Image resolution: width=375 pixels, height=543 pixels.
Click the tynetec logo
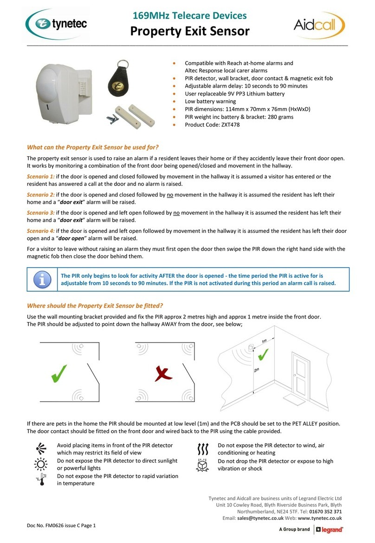pyautogui.click(x=57, y=25)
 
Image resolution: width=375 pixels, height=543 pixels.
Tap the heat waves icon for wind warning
pyautogui.click(x=202, y=448)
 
